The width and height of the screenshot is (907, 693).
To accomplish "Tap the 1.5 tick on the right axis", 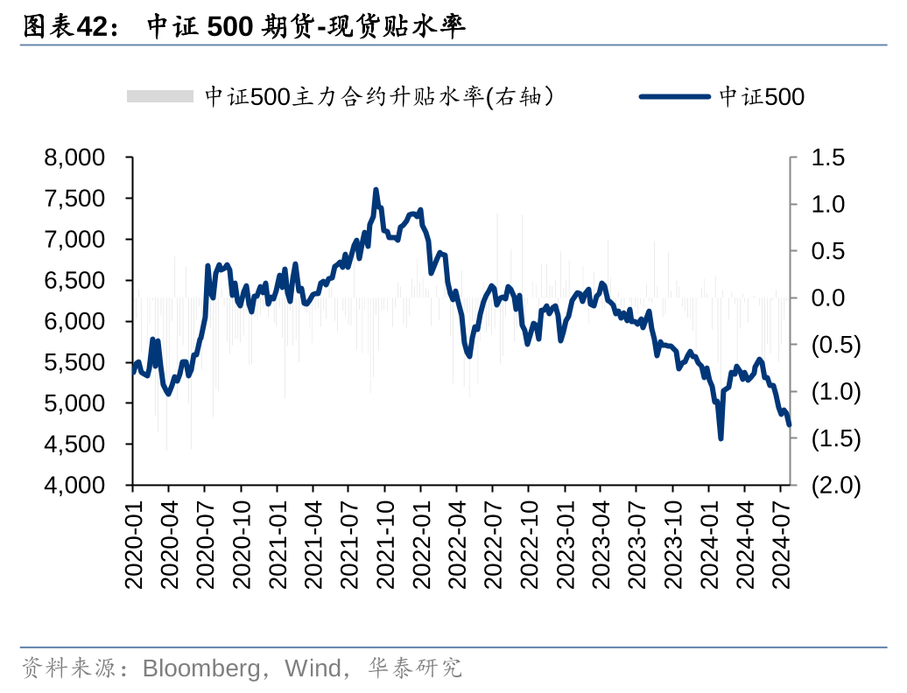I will (x=827, y=158).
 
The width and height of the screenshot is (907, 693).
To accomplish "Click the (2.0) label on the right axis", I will (x=835, y=486).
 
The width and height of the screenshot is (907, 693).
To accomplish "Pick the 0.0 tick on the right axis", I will (x=827, y=298).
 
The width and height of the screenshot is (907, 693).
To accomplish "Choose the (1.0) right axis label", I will (x=835, y=392).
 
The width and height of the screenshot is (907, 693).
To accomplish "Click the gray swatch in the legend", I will (x=159, y=96).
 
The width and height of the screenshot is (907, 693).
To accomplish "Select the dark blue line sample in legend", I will (x=674, y=96).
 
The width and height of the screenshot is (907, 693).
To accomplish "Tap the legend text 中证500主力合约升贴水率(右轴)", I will (x=379, y=96).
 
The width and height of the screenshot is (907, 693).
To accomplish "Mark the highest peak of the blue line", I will (x=376, y=190).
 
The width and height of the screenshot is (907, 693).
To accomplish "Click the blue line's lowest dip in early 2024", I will (x=721, y=437).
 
